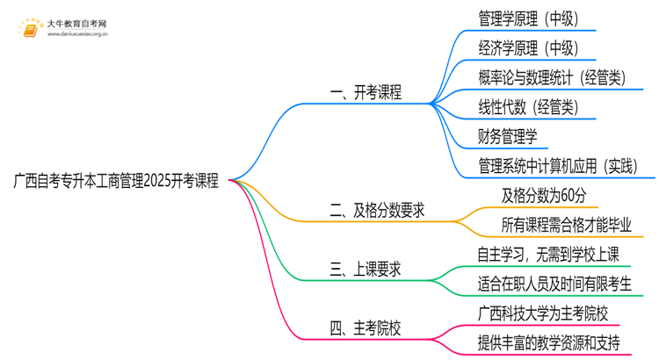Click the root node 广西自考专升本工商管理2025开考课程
[x=117, y=180]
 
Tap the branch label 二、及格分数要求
[x=378, y=211]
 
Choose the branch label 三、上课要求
[x=366, y=270]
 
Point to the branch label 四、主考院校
[x=366, y=329]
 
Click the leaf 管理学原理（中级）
[x=528, y=18]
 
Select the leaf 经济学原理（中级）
[x=528, y=47]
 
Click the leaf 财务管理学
[x=507, y=136]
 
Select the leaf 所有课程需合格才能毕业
[x=567, y=225]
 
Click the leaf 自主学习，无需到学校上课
[x=548, y=255]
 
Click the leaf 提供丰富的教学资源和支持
[x=548, y=343]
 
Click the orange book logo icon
[x=31, y=30]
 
